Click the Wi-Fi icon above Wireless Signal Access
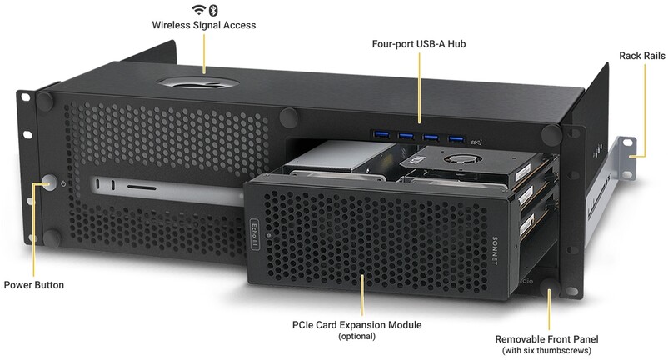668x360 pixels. coord(198,10)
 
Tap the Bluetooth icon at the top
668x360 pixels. coord(213,10)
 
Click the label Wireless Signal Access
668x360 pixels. coord(204,25)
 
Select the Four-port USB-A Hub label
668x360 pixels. coord(419,44)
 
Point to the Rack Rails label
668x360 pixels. coord(642,56)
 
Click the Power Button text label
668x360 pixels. coord(34,285)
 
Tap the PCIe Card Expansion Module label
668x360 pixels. coord(357,325)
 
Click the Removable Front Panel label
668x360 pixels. coord(546,339)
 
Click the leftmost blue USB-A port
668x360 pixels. coord(381,136)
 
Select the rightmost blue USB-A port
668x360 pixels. coord(456,139)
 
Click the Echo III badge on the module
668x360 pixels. coord(254,234)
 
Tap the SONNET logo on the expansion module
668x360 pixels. coord(495,251)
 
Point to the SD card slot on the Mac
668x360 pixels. coord(142,187)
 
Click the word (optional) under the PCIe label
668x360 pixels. coord(357,336)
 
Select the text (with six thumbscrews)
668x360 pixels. coord(546,351)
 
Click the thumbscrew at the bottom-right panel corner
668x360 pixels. coord(549,287)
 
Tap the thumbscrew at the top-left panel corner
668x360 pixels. coord(45,102)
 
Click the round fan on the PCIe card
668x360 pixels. coord(461,159)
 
